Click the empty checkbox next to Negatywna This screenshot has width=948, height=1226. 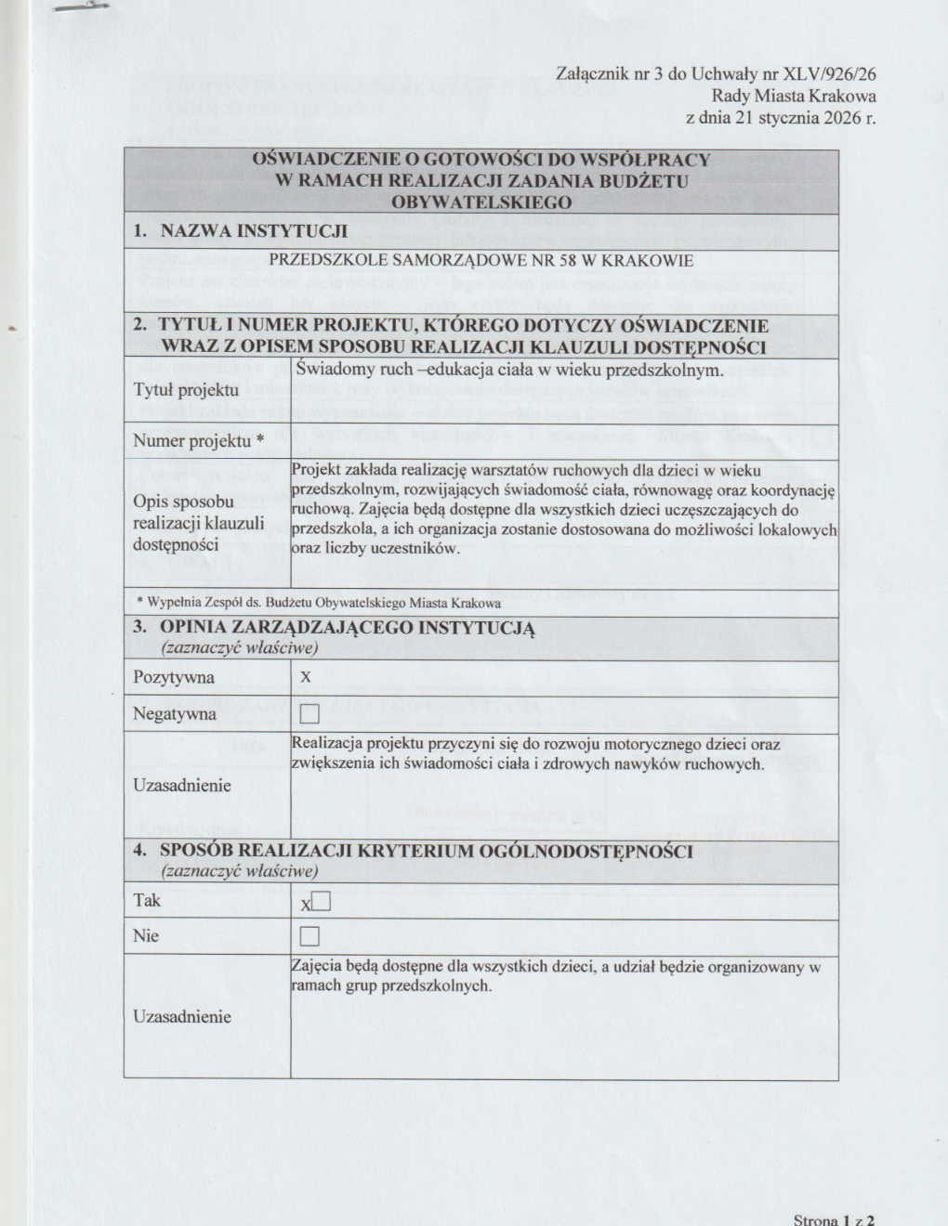[309, 714]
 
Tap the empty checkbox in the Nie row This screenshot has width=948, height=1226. [309, 935]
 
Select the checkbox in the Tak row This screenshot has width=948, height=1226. [322, 901]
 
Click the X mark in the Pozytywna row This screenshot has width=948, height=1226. [305, 678]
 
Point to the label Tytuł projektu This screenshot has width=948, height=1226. [186, 389]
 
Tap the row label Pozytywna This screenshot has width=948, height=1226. [174, 677]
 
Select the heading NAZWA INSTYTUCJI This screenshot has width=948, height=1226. [254, 230]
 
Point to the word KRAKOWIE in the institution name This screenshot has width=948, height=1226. [653, 261]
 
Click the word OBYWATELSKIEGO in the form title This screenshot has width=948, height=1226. [481, 201]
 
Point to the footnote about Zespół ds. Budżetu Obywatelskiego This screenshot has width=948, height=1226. [318, 602]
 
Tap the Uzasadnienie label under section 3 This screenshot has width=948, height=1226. [182, 785]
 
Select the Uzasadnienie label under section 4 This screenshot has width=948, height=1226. [182, 1016]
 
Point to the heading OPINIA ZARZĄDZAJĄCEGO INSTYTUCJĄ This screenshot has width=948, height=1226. [347, 627]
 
